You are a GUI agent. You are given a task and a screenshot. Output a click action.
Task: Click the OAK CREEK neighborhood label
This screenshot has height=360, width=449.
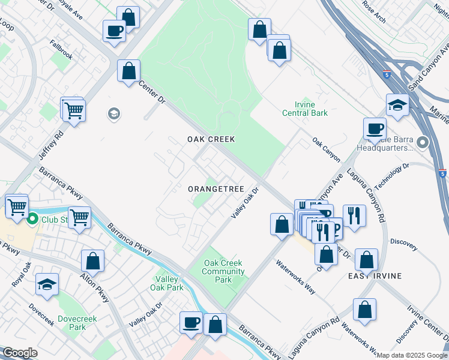coord(210,139)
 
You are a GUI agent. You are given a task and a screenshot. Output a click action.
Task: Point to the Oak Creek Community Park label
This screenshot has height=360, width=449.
coord(223,271)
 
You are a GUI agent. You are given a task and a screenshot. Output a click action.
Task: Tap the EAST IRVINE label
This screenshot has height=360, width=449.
coord(375,275)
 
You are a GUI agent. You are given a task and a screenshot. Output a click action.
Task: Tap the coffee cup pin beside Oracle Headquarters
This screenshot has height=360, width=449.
coord(375,128)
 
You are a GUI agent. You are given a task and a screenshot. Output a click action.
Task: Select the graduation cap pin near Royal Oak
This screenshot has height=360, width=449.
coord(47,284)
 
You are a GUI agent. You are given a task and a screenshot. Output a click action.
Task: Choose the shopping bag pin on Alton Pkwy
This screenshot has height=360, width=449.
coord(92,260)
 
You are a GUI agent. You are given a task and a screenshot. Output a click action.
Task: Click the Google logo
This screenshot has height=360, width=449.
coord(19,353)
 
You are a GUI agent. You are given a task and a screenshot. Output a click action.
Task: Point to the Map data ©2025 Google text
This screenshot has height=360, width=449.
coord(411,355)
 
